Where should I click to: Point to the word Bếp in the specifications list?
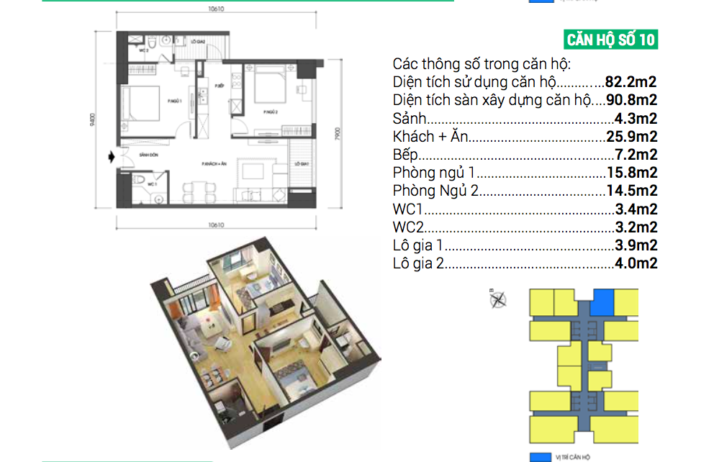click(405, 155)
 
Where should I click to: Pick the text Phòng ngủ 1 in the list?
click(435, 173)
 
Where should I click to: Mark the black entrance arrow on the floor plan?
click(109, 155)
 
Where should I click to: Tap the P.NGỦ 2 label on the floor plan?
click(271, 112)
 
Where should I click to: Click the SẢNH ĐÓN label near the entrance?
click(150, 155)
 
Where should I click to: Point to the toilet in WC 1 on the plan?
click(144, 180)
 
